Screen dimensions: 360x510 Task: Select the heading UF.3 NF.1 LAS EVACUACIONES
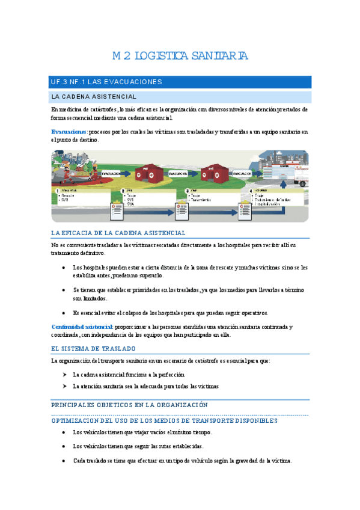click(x=106, y=82)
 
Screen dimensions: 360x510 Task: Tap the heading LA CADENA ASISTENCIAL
click(x=94, y=96)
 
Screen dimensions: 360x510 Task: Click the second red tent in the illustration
click(x=215, y=173)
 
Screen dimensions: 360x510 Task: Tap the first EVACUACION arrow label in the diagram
click(x=114, y=174)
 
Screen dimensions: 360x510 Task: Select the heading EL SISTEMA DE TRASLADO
click(x=93, y=348)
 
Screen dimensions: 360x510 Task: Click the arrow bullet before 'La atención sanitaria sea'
click(x=64, y=386)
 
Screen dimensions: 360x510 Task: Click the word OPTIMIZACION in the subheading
click(x=79, y=421)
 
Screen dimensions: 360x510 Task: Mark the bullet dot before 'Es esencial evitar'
click(x=64, y=313)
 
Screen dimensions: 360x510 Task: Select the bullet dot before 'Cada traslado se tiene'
click(x=64, y=461)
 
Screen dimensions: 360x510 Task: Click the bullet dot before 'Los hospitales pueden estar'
click(x=64, y=267)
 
